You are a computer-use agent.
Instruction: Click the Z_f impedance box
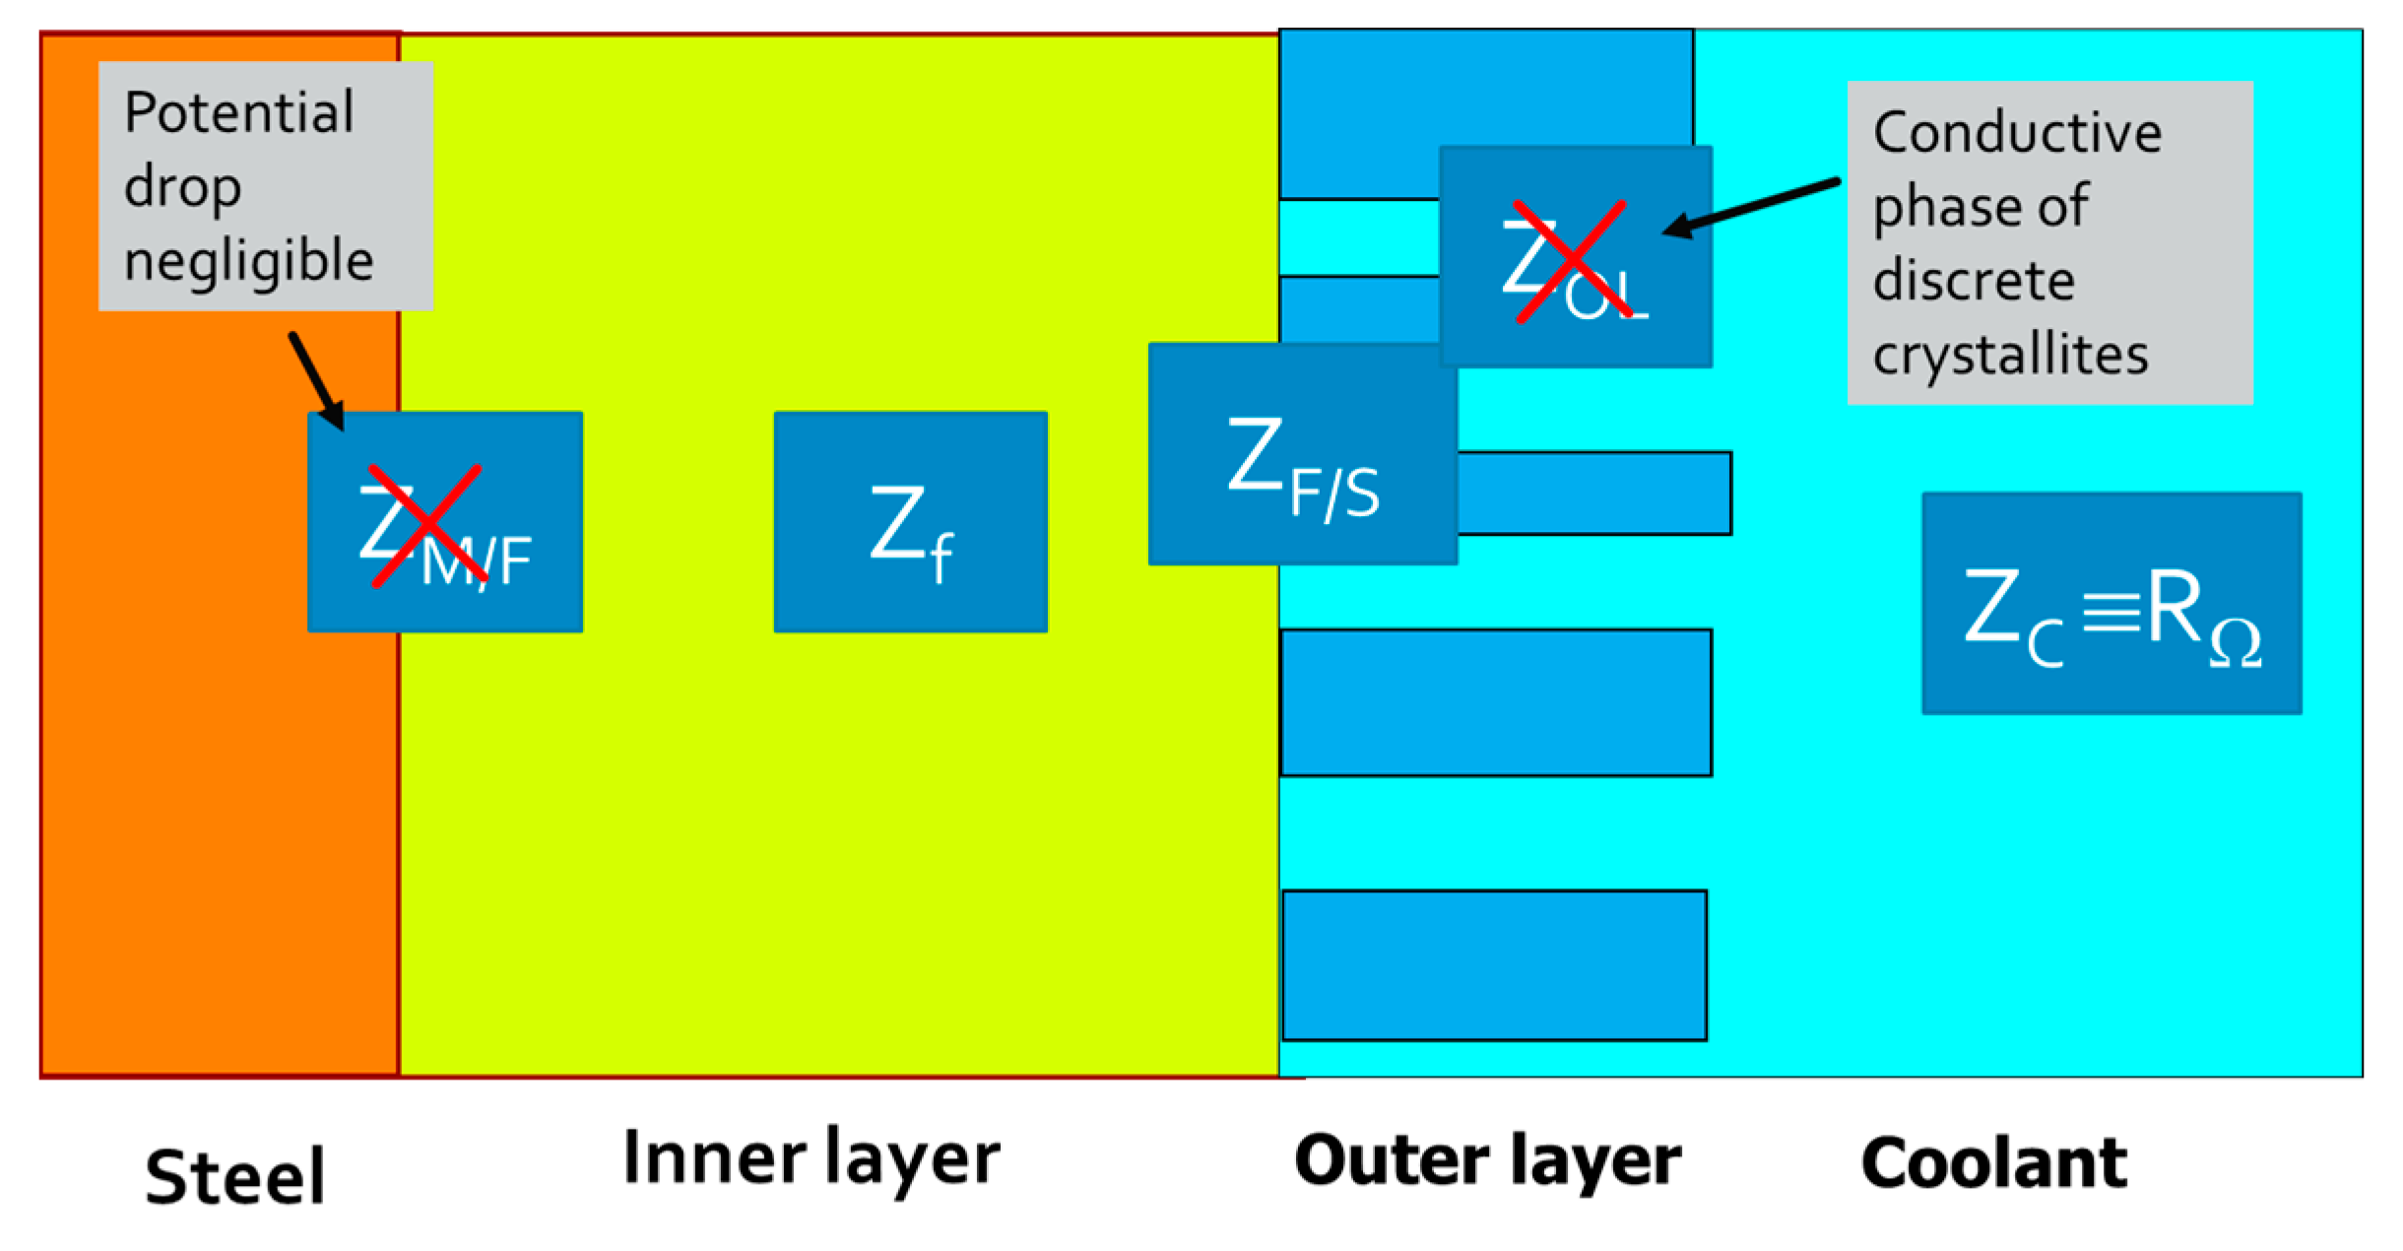click(910, 522)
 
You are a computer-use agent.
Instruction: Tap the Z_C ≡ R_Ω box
click(2111, 603)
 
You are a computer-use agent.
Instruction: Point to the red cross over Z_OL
click(1570, 260)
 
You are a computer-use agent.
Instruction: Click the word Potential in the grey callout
click(238, 112)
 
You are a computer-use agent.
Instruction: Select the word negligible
click(248, 260)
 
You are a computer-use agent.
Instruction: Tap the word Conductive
click(2017, 132)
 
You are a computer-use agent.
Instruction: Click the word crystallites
click(2010, 355)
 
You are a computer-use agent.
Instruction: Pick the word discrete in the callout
click(1974, 281)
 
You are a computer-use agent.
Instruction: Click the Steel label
click(234, 1176)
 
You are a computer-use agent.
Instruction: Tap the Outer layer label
click(1487, 1162)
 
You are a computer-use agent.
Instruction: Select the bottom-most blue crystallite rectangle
click(1494, 965)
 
